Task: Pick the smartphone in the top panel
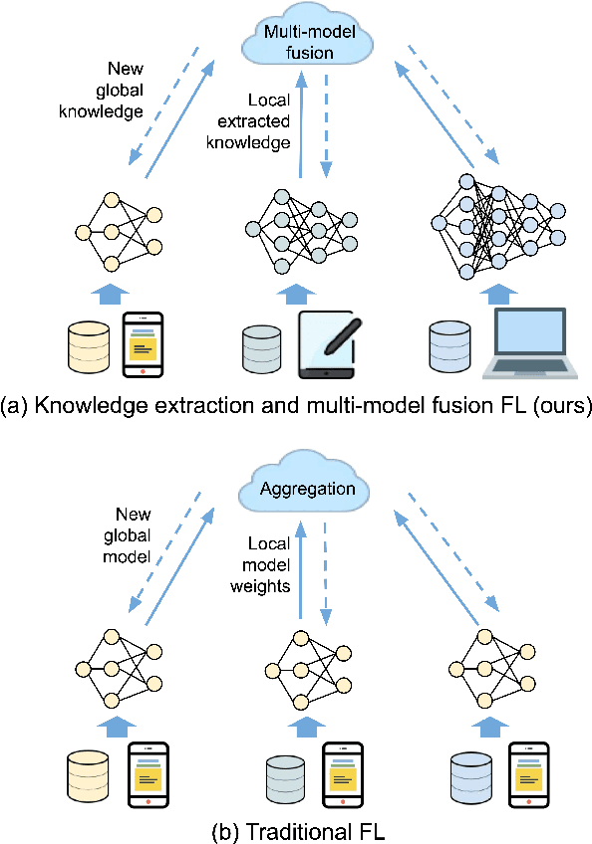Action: tap(143, 344)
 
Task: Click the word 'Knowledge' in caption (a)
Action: tap(79, 405)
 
